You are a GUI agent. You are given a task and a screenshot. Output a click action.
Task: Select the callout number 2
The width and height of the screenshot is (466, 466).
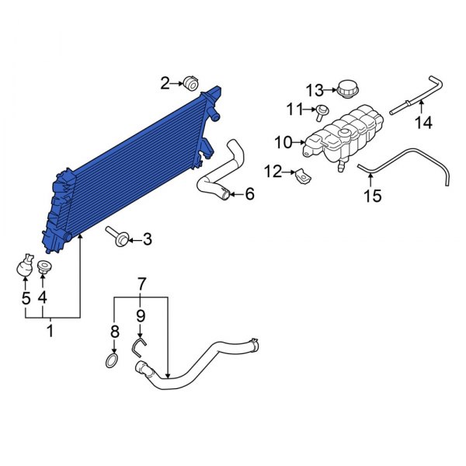point(165,82)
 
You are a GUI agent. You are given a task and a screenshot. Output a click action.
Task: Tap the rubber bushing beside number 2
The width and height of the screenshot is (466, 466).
point(191,83)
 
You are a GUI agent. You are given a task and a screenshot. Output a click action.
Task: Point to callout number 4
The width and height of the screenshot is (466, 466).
point(43,297)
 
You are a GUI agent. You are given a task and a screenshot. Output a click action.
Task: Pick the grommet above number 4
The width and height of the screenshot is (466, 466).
point(43,269)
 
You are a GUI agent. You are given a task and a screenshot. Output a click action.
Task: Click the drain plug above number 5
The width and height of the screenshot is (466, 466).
point(24,267)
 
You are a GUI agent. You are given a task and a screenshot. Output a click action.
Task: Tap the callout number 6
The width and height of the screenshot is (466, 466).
point(249,194)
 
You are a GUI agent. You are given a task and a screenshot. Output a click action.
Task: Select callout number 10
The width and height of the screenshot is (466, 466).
point(281,142)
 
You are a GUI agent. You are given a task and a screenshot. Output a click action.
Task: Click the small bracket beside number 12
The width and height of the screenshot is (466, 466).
point(304,178)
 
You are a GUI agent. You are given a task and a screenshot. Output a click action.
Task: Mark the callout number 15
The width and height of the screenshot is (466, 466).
point(373,196)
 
